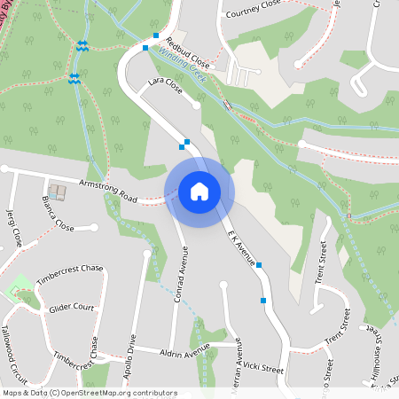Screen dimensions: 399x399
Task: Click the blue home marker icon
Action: (199, 191)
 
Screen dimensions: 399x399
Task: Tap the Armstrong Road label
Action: (109, 188)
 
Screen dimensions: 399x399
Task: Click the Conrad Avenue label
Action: (184, 276)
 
